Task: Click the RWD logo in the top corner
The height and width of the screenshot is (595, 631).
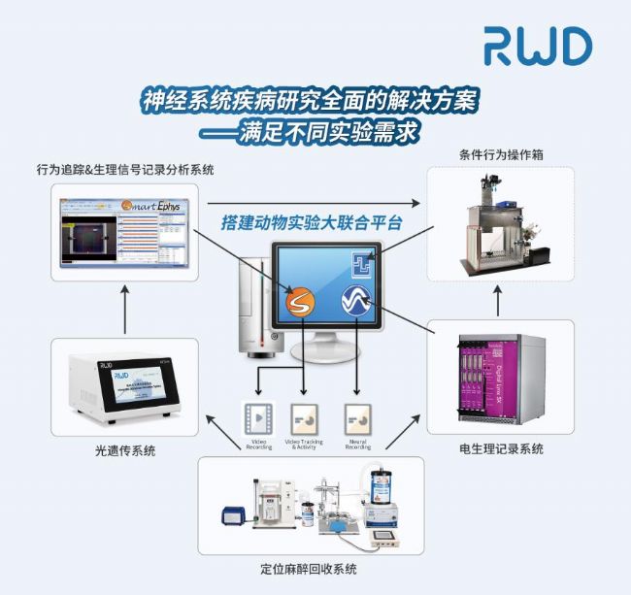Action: pyautogui.click(x=538, y=47)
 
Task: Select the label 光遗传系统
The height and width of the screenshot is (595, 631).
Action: pyautogui.click(x=124, y=449)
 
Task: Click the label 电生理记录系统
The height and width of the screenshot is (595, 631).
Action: pyautogui.click(x=500, y=448)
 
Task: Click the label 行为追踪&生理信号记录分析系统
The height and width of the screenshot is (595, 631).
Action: pyautogui.click(x=125, y=170)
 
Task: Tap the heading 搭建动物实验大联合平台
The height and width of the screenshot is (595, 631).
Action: pyautogui.click(x=313, y=223)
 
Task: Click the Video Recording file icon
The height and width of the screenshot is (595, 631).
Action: pyautogui.click(x=257, y=418)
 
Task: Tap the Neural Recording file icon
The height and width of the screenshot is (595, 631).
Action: pyautogui.click(x=358, y=418)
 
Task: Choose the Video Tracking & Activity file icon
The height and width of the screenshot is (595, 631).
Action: pyautogui.click(x=307, y=418)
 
